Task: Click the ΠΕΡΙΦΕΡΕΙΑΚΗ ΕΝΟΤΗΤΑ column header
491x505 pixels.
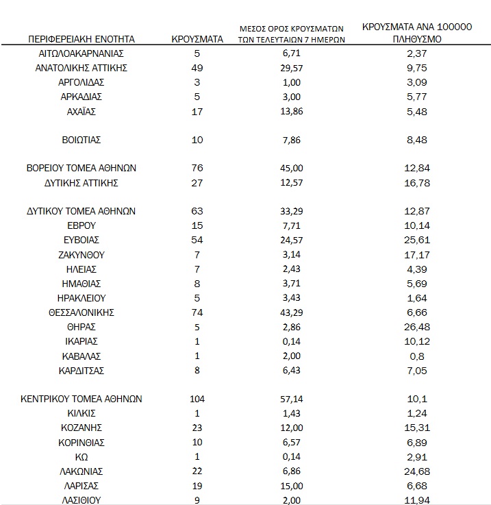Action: click(x=81, y=39)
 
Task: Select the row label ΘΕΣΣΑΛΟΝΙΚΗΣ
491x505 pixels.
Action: click(x=81, y=312)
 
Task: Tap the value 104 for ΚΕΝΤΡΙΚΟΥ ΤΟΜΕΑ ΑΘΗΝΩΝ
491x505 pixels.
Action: click(x=197, y=399)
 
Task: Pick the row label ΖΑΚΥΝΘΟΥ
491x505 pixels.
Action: click(x=81, y=254)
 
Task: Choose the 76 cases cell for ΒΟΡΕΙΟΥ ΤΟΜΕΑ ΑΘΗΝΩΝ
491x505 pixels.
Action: click(x=197, y=168)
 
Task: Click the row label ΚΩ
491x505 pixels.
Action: click(x=81, y=456)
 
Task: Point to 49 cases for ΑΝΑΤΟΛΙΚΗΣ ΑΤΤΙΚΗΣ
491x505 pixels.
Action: click(x=197, y=68)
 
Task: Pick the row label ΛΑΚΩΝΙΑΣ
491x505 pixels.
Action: click(x=81, y=471)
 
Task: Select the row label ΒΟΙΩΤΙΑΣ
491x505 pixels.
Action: click(x=81, y=140)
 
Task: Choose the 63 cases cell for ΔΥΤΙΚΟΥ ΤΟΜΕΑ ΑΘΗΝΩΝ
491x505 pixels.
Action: click(x=197, y=211)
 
